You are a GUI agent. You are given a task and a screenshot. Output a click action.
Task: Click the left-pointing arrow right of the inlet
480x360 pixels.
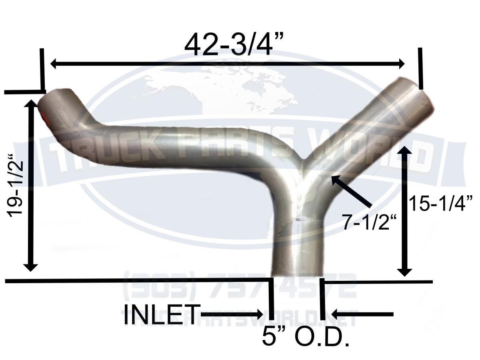362,314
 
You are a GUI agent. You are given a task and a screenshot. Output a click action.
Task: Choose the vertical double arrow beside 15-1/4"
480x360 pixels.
405,211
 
